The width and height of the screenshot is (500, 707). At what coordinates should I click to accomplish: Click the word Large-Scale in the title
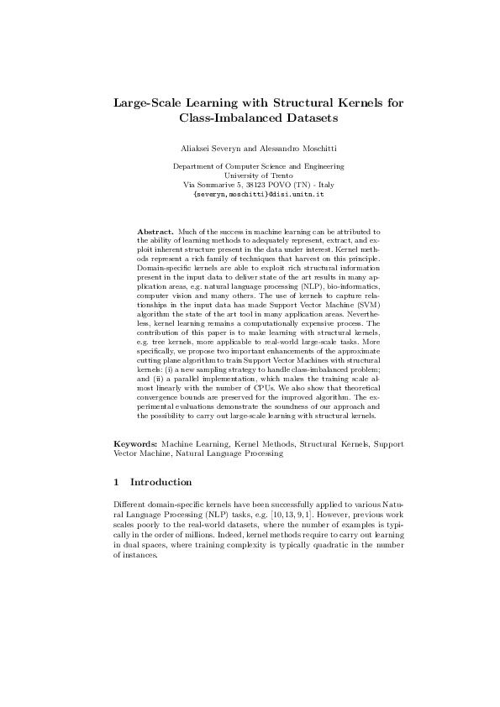150,103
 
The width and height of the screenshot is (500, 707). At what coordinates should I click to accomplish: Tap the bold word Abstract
155,229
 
